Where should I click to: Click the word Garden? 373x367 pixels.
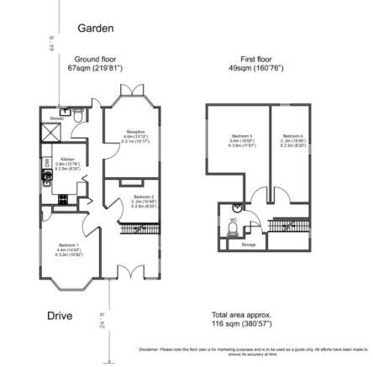click(95, 29)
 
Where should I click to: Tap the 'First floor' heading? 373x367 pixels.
click(253, 60)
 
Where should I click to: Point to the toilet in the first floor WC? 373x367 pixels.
click(233, 228)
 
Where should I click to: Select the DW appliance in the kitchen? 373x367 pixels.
click(45, 162)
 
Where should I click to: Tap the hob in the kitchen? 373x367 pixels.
click(47, 176)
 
